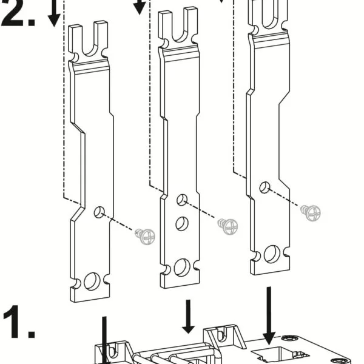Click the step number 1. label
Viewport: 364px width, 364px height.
pos(18,323)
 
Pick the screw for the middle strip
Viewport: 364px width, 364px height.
pos(228,226)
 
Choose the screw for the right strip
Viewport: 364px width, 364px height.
pos(311,212)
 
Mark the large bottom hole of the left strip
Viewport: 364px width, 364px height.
pos(92,281)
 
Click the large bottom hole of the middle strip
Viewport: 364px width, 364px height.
pos(181,267)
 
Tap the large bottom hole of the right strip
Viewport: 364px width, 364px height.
pos(271,253)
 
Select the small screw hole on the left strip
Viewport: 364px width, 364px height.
pos(99,212)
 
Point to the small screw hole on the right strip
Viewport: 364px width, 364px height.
pos(265,187)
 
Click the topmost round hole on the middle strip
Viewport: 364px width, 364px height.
pos(181,200)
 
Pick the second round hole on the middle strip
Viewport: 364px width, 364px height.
pos(181,223)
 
